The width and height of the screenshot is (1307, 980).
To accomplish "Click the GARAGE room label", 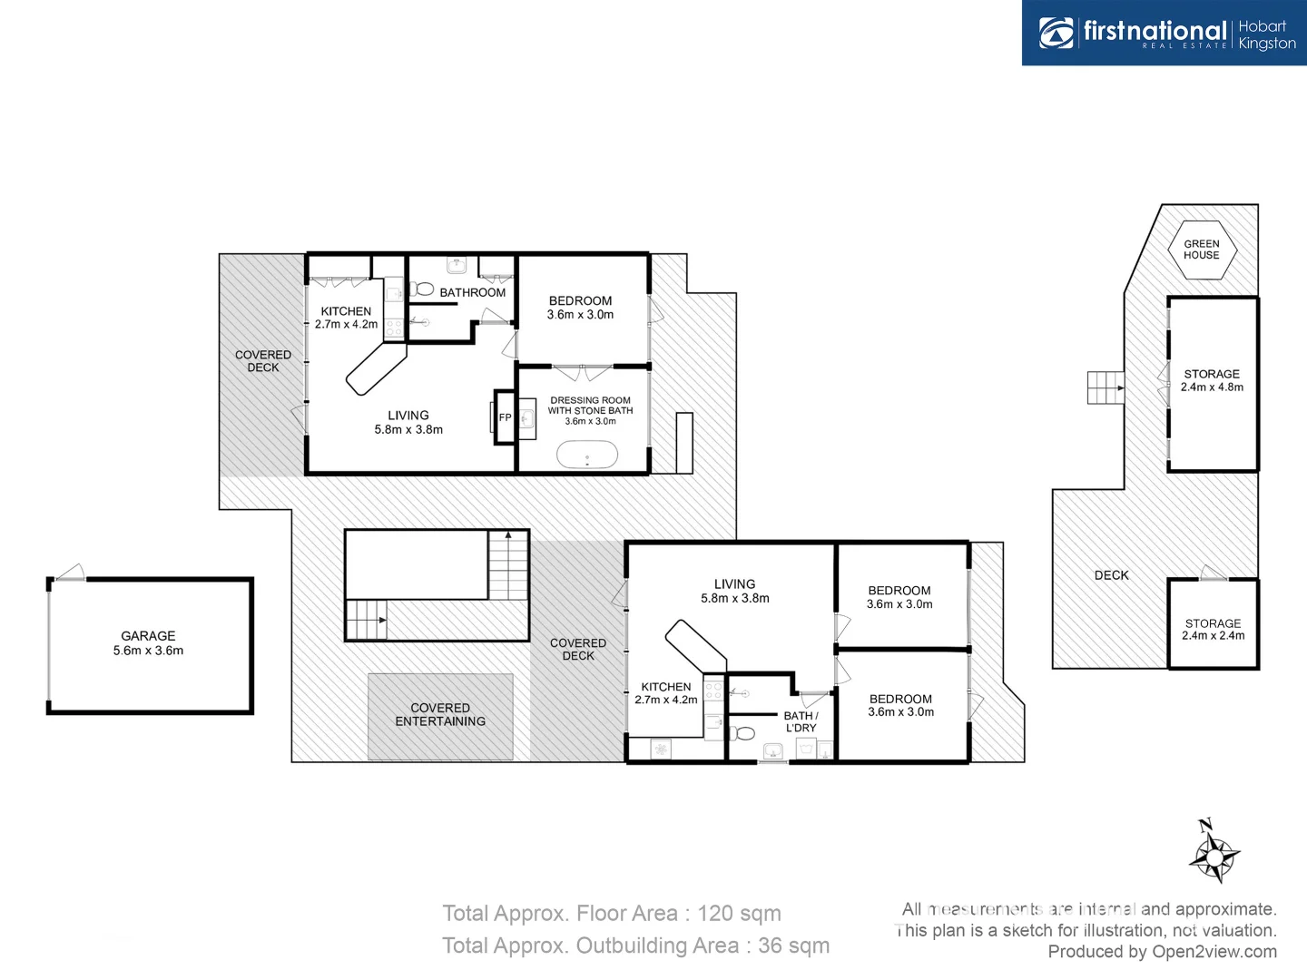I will [148, 636].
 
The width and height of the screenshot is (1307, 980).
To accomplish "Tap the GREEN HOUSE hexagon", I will [1201, 250].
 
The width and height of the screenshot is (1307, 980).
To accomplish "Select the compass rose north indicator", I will [1214, 853].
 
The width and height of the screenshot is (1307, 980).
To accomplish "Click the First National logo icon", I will [1056, 33].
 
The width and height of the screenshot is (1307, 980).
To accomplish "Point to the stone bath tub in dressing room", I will [586, 455].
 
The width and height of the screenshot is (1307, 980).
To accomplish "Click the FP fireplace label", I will [505, 417].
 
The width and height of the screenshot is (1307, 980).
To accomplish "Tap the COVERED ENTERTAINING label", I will [440, 715].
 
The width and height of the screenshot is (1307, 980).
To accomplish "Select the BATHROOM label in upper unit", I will [472, 292].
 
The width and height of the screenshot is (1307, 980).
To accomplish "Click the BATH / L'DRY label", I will [801, 721].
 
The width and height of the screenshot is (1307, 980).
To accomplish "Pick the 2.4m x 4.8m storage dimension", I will [1212, 387].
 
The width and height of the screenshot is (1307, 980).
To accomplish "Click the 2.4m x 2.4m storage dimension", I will [1213, 636].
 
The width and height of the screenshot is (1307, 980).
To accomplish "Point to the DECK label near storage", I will [1111, 575].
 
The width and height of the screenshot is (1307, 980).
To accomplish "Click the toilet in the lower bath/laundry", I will [743, 732].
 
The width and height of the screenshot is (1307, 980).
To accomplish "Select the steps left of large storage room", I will [1106, 388].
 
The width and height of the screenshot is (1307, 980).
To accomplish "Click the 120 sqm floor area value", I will [739, 914].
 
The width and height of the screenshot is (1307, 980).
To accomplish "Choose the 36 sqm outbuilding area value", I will [793, 946].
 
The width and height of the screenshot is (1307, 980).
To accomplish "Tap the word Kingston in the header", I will [1267, 44].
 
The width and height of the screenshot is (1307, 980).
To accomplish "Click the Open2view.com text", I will [1214, 952].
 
